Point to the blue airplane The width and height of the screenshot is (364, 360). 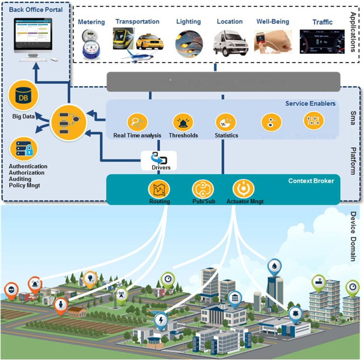click(138, 56)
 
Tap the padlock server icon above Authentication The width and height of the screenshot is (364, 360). click(24, 149)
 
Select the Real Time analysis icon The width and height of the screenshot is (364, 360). click(137, 122)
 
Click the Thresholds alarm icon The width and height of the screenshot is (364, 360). click(183, 122)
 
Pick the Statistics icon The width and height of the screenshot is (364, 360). click(225, 122)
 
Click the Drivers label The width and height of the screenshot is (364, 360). click(161, 167)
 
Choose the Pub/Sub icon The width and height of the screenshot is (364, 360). click(203, 189)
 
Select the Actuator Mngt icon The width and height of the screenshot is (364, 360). click(243, 189)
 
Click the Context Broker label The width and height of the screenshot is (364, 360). click(311, 181)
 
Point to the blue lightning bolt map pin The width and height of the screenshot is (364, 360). click(161, 320)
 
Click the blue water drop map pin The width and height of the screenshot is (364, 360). click(274, 267)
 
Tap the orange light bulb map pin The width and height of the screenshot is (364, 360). click(90, 278)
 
